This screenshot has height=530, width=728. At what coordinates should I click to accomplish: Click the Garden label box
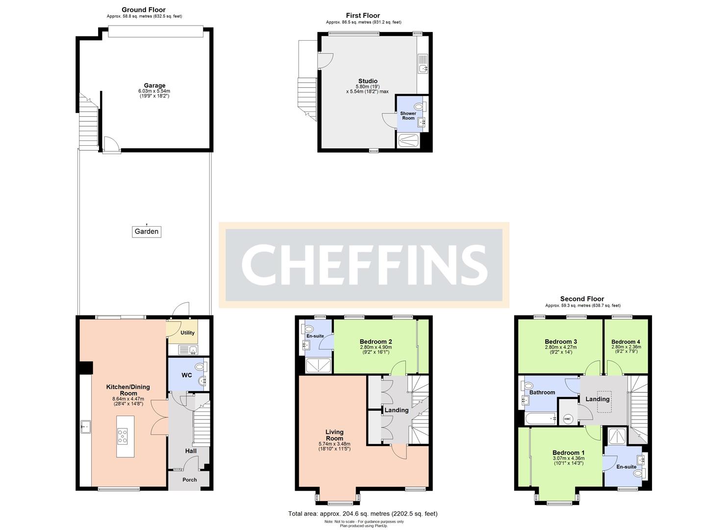click(147, 232)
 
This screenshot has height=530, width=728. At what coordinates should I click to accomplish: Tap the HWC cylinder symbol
click(568, 419)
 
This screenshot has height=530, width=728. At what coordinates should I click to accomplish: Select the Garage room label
click(155, 86)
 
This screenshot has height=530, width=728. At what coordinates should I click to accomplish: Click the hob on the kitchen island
click(123, 436)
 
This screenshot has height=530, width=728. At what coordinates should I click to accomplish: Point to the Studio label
click(368, 81)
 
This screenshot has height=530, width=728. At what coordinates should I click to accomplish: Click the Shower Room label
click(408, 116)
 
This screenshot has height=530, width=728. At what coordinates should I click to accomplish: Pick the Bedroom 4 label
click(626, 342)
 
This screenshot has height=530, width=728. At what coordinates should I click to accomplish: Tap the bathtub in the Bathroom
click(540, 419)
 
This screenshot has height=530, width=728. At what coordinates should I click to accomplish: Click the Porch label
click(189, 479)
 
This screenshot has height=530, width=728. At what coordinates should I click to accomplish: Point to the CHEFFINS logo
click(364, 265)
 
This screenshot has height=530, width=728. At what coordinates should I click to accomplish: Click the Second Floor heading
click(582, 299)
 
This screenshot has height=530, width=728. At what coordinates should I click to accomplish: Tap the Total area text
click(363, 514)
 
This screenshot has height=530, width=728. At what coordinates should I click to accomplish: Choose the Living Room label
click(334, 435)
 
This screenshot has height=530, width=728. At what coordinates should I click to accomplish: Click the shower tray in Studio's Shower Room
click(409, 141)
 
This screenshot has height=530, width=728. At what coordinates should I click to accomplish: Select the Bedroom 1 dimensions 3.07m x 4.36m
click(568, 458)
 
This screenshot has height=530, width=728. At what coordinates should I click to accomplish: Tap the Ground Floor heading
click(144, 10)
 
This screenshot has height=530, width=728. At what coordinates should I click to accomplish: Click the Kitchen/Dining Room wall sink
click(86, 427)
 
